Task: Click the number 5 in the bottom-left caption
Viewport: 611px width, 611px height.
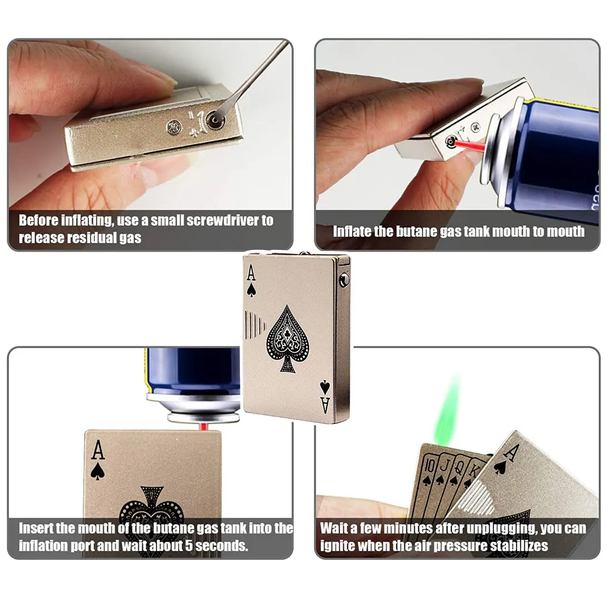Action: tap(189, 545)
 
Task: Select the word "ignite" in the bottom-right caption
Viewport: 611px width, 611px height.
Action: tap(337, 545)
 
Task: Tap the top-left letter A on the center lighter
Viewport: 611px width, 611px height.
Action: tap(251, 273)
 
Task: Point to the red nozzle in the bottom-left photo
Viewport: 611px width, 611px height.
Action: tap(204, 427)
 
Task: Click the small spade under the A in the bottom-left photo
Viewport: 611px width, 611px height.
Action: tap(98, 472)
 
